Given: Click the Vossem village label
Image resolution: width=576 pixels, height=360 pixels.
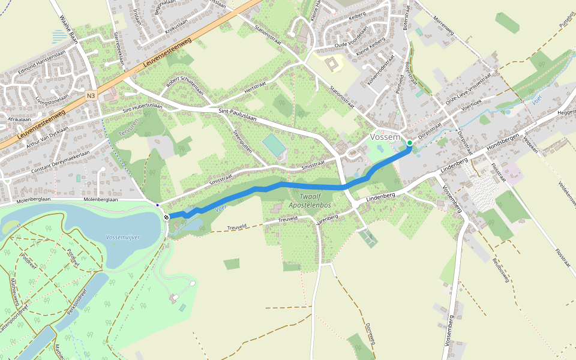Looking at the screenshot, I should (385, 137).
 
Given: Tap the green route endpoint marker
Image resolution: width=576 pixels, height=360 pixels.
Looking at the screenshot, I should (410, 143).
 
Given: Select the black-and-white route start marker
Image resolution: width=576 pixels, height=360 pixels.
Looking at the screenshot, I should (166, 217).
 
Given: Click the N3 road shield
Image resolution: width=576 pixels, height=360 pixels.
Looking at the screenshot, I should (91, 95).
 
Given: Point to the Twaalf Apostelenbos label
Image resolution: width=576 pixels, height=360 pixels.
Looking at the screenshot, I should (310, 201).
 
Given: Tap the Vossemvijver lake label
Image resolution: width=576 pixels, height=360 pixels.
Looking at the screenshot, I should (123, 237).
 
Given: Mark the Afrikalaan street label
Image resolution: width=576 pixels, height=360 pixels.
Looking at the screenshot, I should (19, 119).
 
